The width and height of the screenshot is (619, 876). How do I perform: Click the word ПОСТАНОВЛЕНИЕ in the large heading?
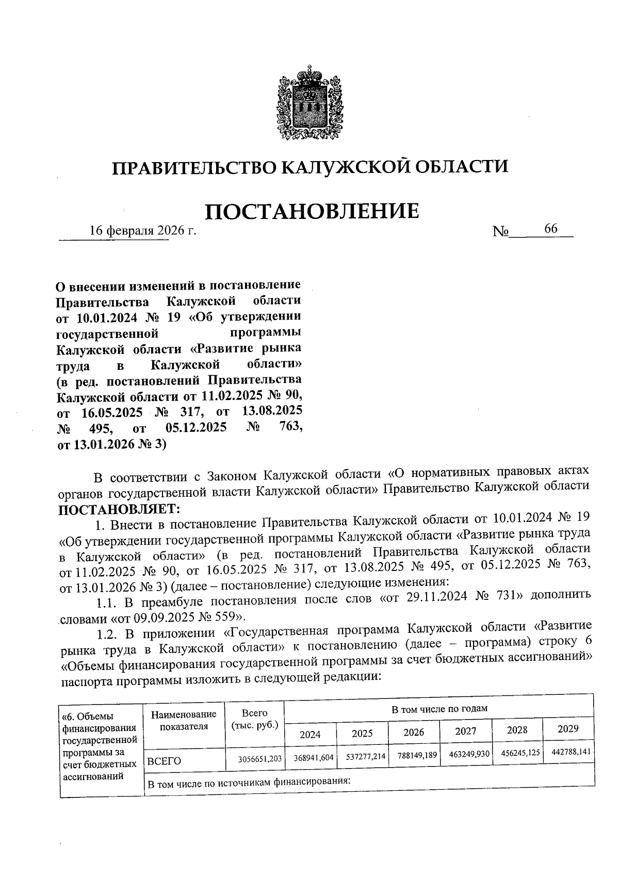[312, 211]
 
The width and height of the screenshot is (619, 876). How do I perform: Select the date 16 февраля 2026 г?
[143, 230]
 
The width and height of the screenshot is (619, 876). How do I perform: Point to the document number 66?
[550, 229]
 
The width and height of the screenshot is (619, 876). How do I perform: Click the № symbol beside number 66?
[501, 231]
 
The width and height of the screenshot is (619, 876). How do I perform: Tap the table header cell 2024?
[310, 734]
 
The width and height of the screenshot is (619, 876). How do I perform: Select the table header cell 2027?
[465, 731]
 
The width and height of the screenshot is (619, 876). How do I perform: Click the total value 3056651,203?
[260, 759]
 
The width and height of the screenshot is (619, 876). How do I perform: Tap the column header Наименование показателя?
[184, 720]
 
